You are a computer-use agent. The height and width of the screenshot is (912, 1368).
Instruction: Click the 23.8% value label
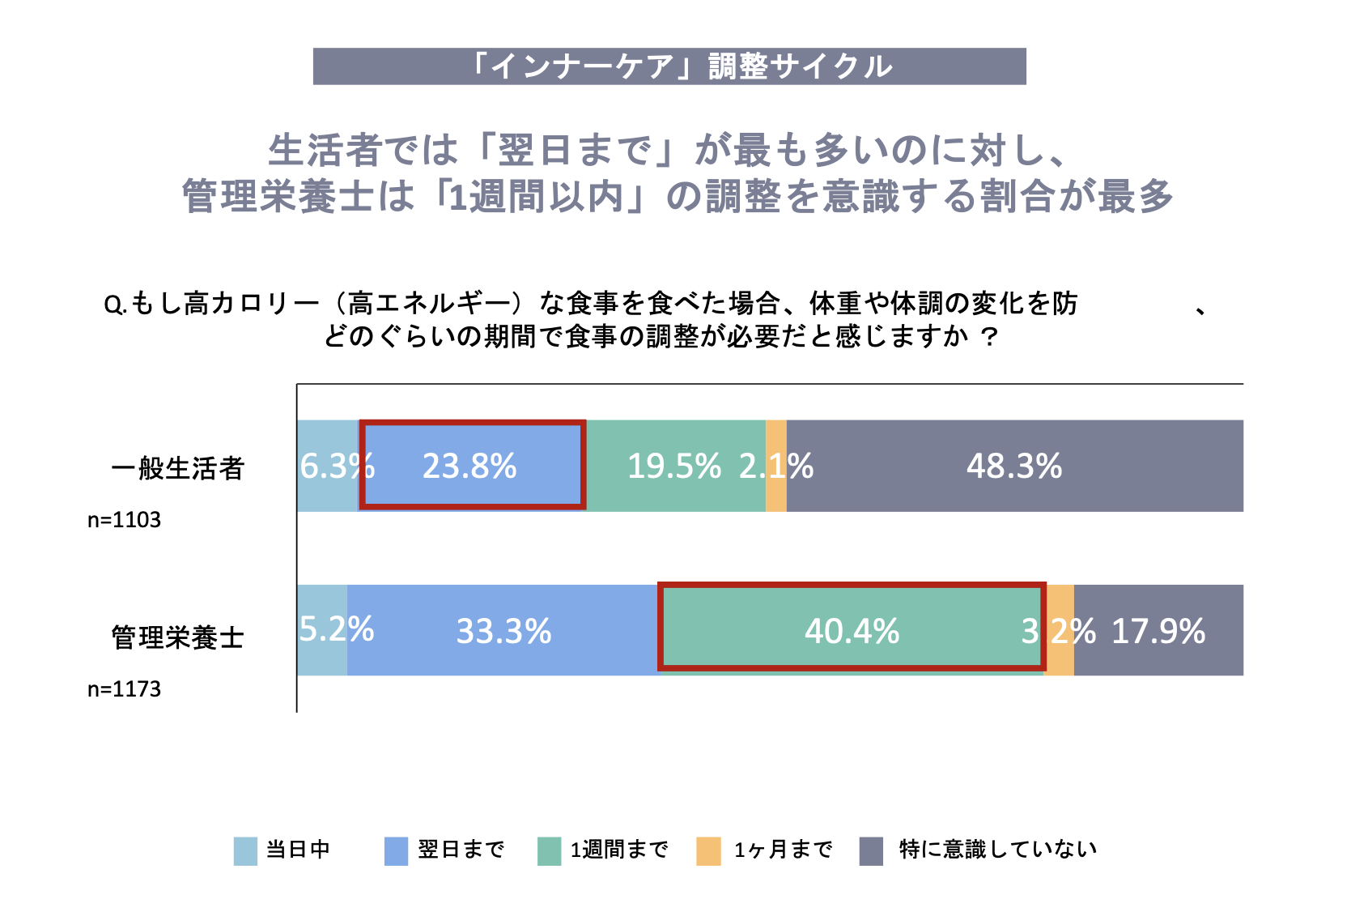coord(469,467)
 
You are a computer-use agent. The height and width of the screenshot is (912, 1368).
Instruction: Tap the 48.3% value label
coord(1013,467)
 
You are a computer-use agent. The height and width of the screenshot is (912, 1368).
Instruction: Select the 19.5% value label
coord(673,467)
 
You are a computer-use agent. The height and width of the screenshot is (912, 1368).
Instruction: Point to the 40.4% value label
coord(852,631)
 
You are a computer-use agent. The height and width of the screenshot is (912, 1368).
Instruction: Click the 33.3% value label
coord(503,631)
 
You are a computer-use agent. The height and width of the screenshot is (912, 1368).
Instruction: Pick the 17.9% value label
coord(1158,631)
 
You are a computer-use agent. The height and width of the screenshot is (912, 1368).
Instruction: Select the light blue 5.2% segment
coord(322,656)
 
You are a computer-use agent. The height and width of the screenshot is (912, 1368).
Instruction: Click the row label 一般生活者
coord(177,468)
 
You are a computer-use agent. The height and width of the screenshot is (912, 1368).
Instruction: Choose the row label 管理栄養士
coord(177,637)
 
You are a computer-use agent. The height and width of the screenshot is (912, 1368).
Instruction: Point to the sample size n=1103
coord(124,519)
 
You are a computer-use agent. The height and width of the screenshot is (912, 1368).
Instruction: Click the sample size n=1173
coord(124,688)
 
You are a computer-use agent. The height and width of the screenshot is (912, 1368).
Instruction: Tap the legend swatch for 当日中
coord(245,851)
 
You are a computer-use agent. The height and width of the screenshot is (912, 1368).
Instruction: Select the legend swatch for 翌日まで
coord(396,851)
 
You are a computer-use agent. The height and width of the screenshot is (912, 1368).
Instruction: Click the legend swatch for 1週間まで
coord(549,851)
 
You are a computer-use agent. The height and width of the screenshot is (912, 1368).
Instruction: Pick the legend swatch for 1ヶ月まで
coord(708,851)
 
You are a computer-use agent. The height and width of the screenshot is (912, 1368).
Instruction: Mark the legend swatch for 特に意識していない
coord(871,851)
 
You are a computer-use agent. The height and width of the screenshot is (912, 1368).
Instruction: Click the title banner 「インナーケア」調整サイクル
coord(669,66)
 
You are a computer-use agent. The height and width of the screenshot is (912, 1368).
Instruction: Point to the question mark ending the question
coord(988,336)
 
